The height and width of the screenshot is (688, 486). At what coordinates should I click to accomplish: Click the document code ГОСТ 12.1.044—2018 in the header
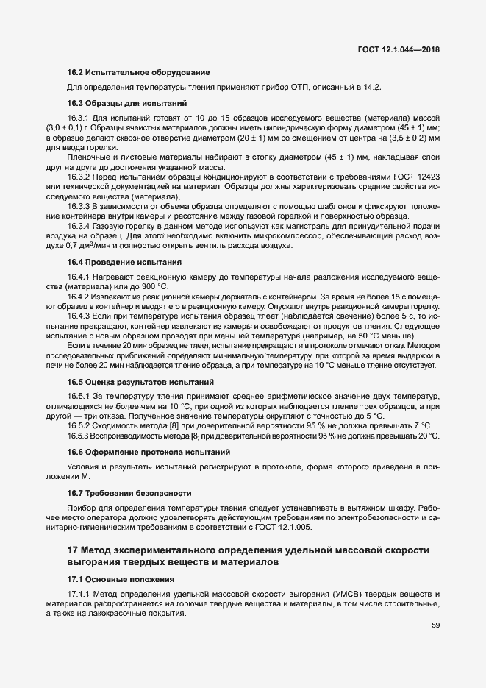tap(397, 50)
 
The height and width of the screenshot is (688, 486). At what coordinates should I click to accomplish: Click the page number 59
tap(435, 625)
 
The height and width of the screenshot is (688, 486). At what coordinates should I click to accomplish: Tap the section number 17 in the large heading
tap(72, 550)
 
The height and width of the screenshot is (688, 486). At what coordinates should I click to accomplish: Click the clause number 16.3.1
tap(78, 118)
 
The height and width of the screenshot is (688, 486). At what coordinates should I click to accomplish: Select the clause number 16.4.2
tap(78, 295)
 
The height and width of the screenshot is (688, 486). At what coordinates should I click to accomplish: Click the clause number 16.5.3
tap(78, 436)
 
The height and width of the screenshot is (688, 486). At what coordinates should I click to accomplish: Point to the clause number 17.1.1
tap(78, 594)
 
